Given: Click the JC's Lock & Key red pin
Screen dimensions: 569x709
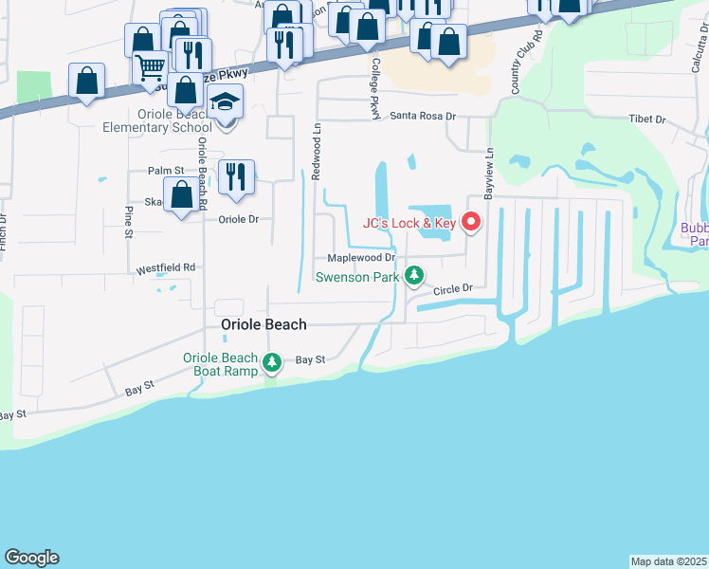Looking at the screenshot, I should (x=471, y=222).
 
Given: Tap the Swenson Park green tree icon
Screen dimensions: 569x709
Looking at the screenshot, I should (x=413, y=276).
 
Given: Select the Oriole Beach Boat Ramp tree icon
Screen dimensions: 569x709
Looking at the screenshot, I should (x=272, y=362).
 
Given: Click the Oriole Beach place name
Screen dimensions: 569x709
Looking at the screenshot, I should (x=264, y=324).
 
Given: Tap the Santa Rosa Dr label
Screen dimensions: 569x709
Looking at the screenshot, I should (x=424, y=116).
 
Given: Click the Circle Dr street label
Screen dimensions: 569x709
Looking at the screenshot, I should (x=453, y=287).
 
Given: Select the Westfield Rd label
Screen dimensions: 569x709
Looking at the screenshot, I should (x=165, y=268).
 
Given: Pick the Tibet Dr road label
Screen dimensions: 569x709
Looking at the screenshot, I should (x=647, y=120).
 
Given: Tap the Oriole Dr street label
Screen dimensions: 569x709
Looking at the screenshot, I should (x=239, y=219).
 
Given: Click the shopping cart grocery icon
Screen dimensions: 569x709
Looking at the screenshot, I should (x=150, y=67).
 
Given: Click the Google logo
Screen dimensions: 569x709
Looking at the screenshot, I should (x=31, y=558).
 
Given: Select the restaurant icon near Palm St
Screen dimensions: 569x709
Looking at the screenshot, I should (x=236, y=175).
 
